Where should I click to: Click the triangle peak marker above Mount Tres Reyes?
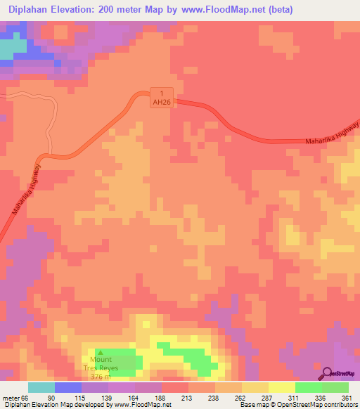(100, 353)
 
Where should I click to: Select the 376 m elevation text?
(100, 377)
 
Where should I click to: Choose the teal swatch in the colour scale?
(41, 387)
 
